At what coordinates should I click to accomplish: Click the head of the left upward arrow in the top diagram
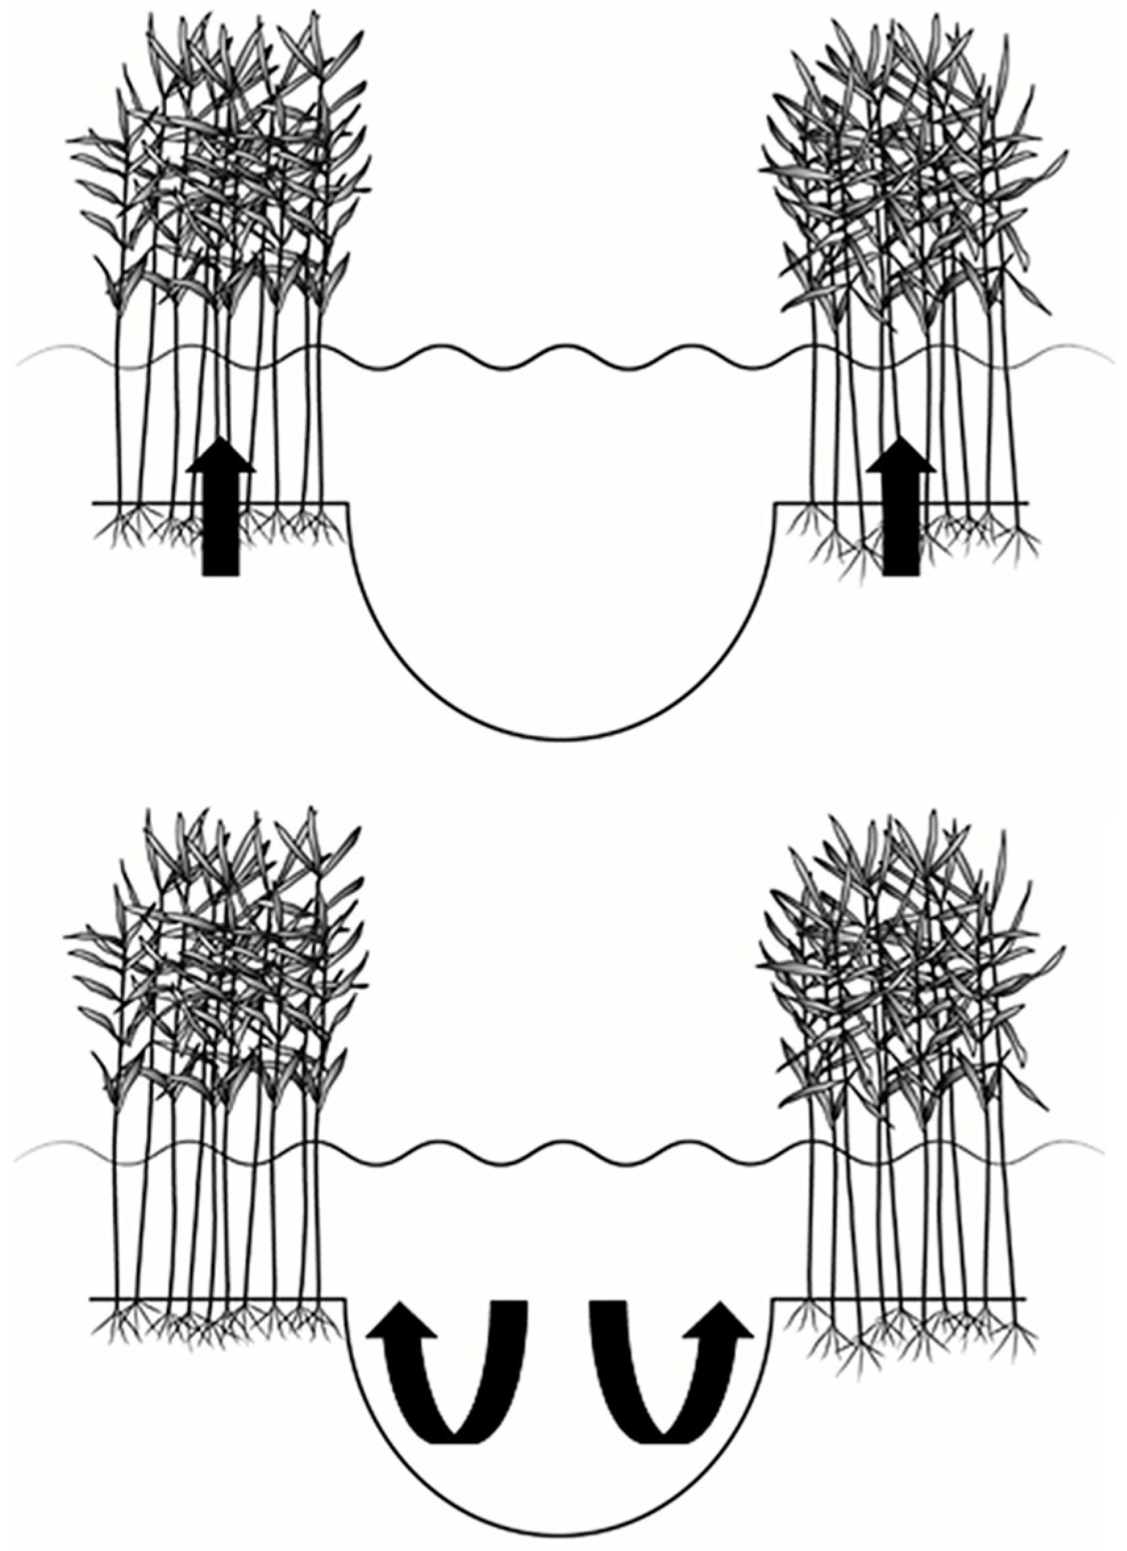pos(221,457)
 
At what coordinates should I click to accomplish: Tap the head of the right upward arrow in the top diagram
pos(901,457)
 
